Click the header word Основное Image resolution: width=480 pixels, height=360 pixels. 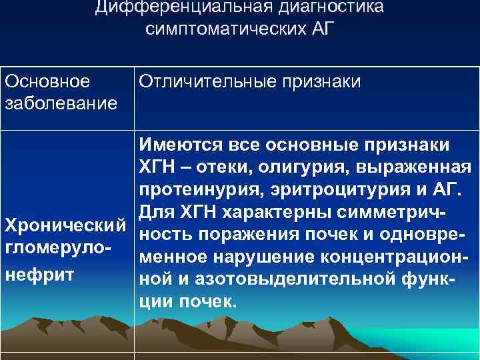pyautogui.click(x=47, y=81)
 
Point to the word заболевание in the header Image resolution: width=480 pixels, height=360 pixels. pyautogui.click(x=61, y=103)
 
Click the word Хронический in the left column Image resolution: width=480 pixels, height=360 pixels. pyautogui.click(x=65, y=223)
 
